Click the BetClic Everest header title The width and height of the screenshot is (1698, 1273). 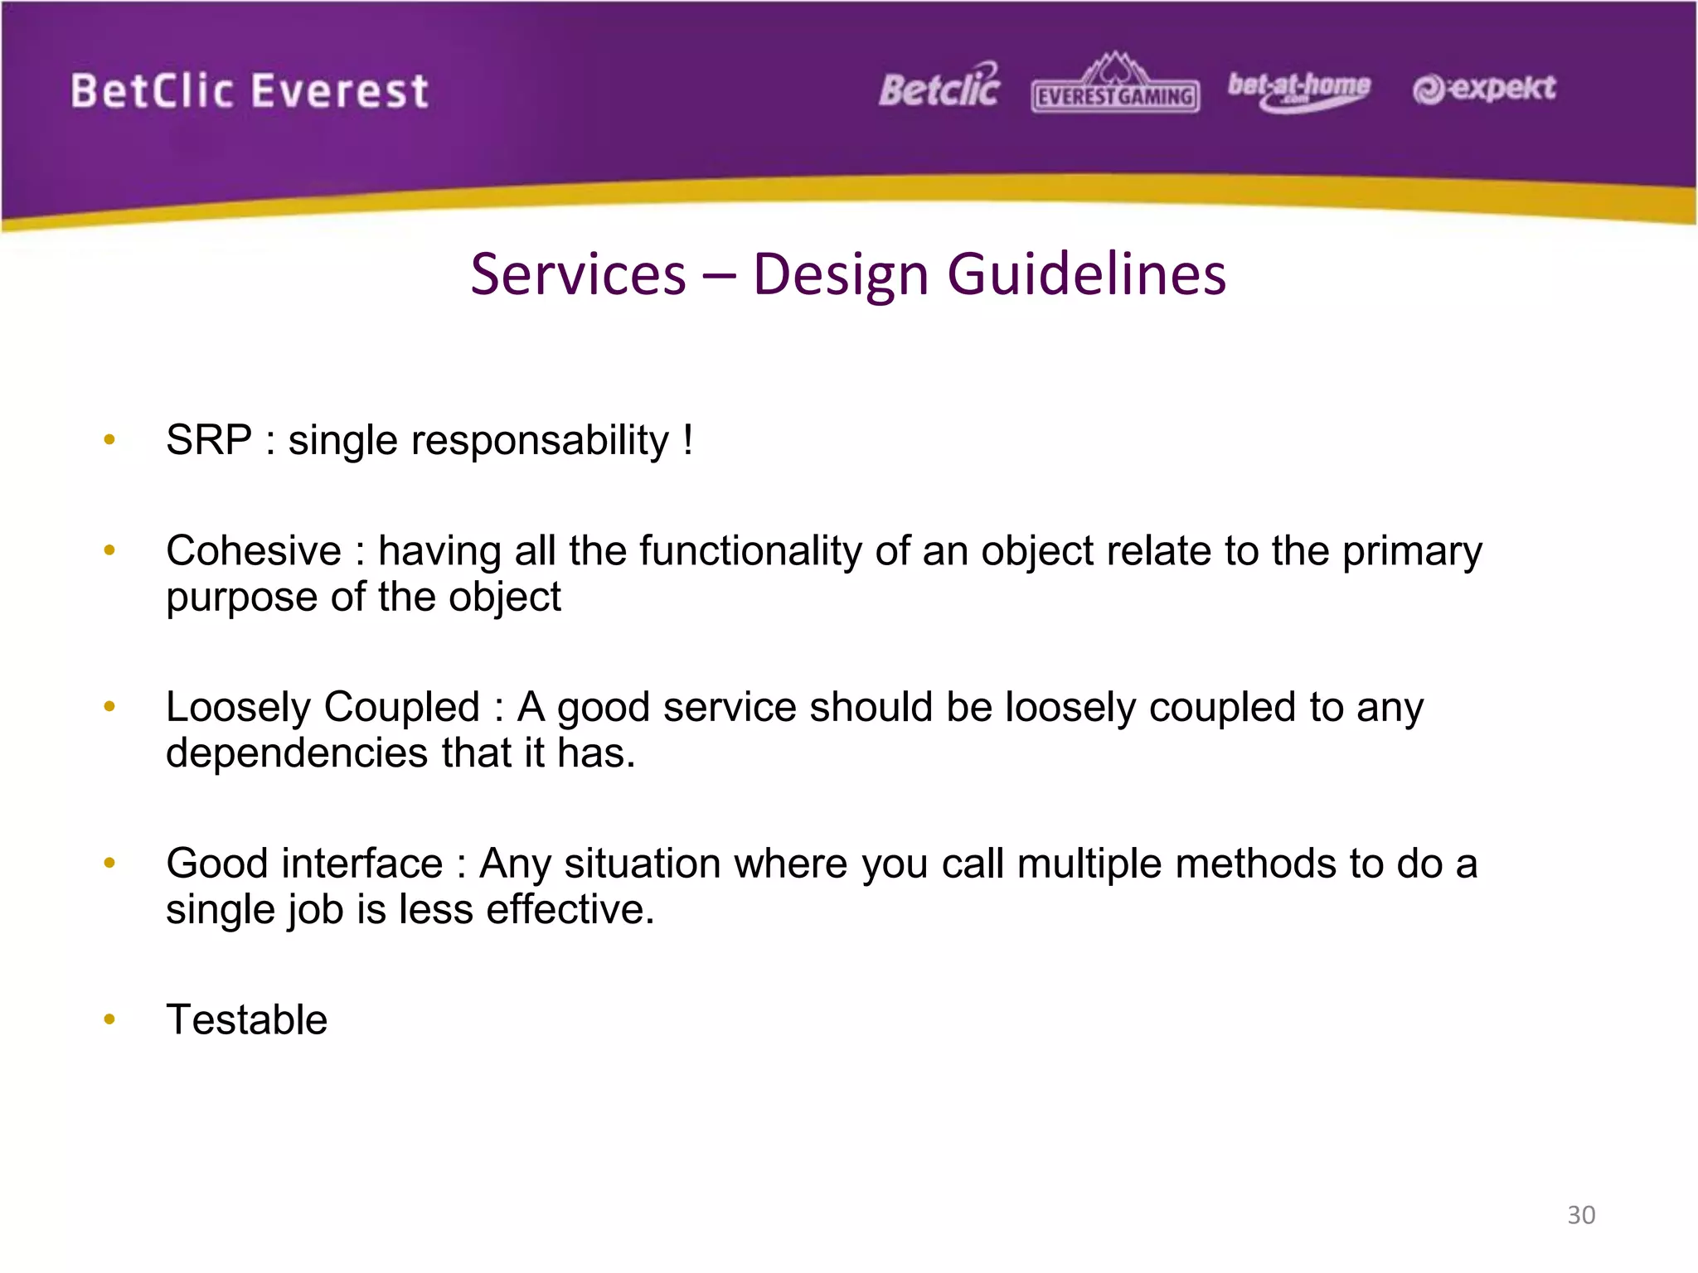(x=249, y=90)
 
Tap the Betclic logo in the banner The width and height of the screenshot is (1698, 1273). (x=939, y=87)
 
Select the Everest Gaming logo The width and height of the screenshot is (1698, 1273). (x=1115, y=85)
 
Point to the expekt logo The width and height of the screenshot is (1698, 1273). (x=1484, y=89)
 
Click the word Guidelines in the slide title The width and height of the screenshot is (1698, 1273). (x=1086, y=274)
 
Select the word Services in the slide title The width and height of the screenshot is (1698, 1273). (x=578, y=274)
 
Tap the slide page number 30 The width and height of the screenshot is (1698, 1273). (x=1581, y=1215)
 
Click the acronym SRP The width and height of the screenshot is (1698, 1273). (x=208, y=440)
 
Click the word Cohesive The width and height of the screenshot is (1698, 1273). (x=254, y=551)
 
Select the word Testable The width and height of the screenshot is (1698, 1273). (x=246, y=1019)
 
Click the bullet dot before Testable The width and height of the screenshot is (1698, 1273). (x=109, y=1019)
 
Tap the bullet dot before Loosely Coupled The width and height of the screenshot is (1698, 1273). (x=109, y=707)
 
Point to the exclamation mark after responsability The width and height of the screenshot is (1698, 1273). (x=688, y=440)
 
